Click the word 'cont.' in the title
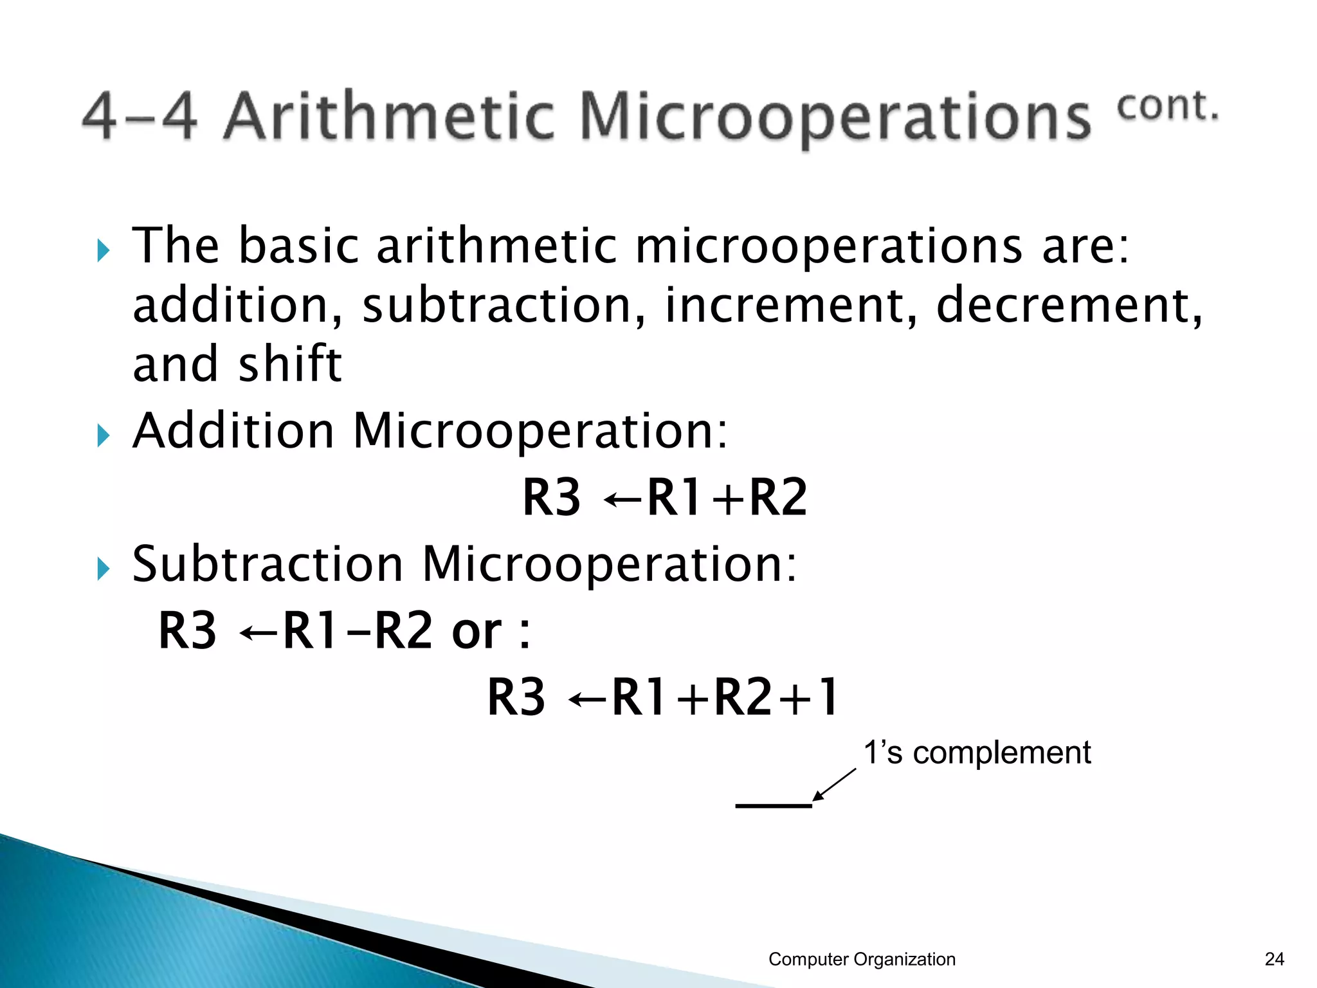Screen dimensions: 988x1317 (1167, 107)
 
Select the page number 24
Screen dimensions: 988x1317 (1274, 959)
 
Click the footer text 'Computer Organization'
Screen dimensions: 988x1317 (862, 959)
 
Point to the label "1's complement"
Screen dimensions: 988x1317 (977, 753)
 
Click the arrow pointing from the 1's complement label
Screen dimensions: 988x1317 (834, 785)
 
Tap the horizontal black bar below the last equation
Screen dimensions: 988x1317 (774, 805)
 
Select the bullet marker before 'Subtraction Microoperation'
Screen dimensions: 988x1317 (104, 569)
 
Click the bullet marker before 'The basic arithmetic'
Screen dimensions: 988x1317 (104, 250)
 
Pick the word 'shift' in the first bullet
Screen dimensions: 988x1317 (289, 364)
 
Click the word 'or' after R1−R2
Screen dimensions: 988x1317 (477, 632)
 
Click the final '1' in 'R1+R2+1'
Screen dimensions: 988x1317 (826, 697)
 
